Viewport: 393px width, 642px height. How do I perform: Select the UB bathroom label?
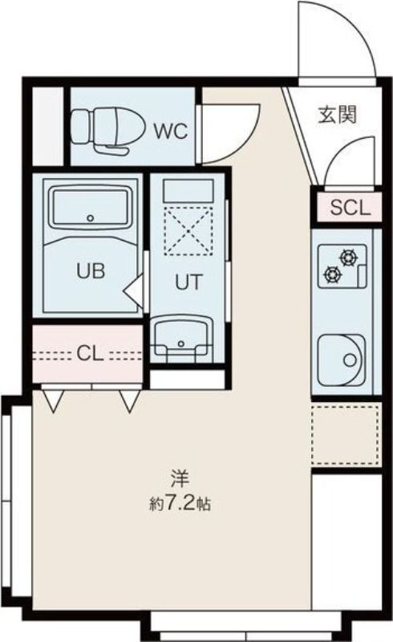(91, 270)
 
